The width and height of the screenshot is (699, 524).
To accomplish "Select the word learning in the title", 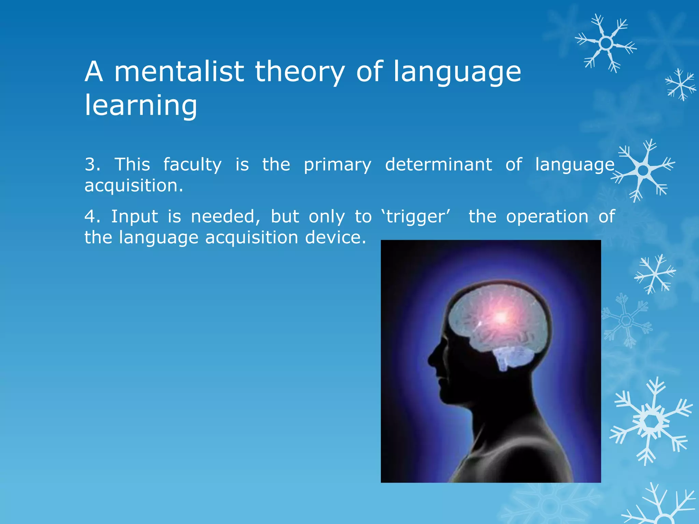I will coord(141,106).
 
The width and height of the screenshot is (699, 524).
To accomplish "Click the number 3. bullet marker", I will coord(92,164).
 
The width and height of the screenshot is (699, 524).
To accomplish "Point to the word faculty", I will coord(192,165).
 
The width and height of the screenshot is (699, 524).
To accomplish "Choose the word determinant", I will coord(439,164).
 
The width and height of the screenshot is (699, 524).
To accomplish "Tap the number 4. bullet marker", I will coord(92,217).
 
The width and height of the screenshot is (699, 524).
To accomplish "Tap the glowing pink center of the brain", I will coord(501,317).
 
